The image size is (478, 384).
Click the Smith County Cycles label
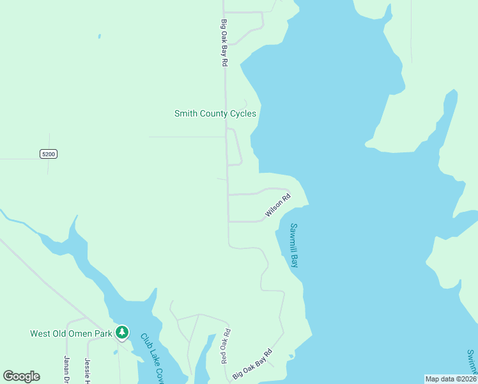tap(215, 114)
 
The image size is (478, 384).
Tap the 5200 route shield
tap(49, 154)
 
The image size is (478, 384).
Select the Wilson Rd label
tap(278, 205)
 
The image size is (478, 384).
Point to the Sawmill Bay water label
tap(294, 245)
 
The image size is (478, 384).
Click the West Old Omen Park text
tap(71, 333)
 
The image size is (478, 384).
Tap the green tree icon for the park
tap(122, 333)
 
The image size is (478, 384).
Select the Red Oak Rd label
tap(225, 346)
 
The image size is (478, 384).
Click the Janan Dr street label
tap(66, 369)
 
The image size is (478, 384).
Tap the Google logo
tap(21, 376)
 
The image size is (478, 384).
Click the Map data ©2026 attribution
tap(451, 379)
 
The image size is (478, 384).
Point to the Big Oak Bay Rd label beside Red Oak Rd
tap(252, 364)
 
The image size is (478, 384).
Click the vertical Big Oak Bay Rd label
tap(224, 42)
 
